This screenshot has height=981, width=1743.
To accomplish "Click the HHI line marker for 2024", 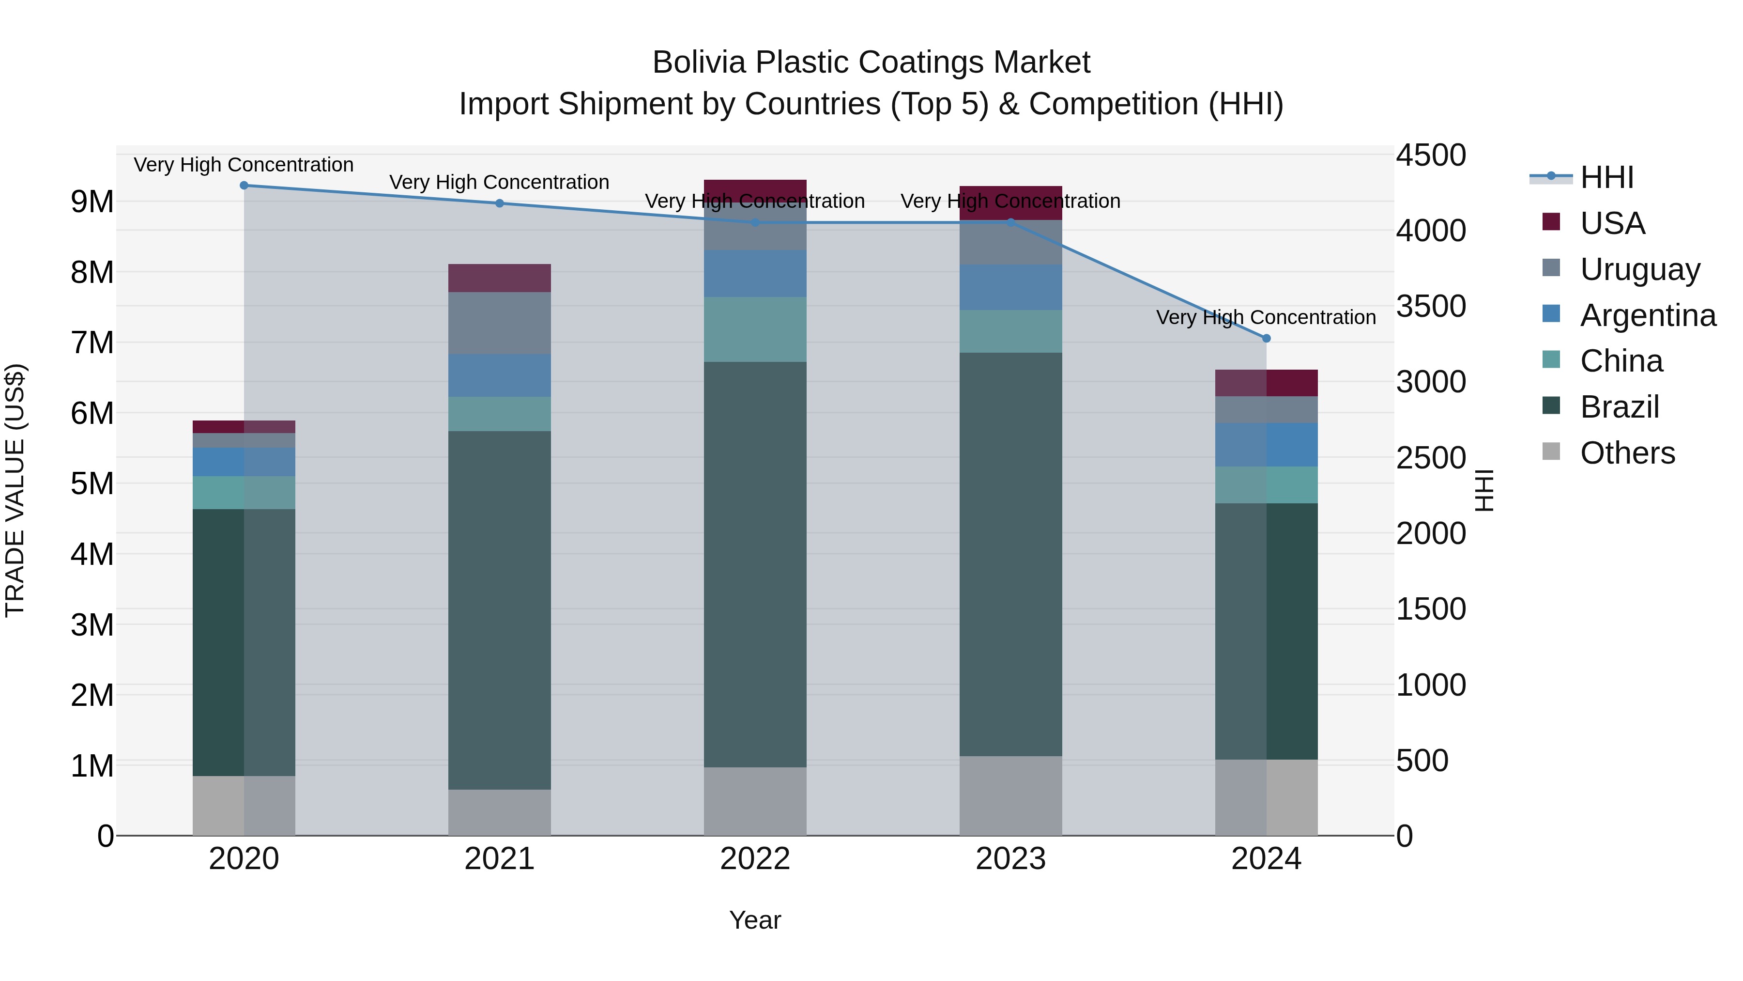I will (x=1266, y=338).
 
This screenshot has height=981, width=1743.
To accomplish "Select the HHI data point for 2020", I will (x=245, y=186).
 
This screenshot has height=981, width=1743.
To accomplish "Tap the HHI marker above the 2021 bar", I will (x=499, y=203).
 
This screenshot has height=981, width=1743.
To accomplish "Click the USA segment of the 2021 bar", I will (x=499, y=278).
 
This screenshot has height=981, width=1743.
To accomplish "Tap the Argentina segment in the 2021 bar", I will (x=499, y=375).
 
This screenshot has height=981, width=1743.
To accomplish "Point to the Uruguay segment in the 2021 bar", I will (x=499, y=323).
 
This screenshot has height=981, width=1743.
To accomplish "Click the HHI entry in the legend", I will (x=1606, y=177).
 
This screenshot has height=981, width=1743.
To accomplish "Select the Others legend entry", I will (x=1627, y=453).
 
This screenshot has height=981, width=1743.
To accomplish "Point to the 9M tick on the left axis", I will (x=92, y=202).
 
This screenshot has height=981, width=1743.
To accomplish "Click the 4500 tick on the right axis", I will (x=1430, y=155).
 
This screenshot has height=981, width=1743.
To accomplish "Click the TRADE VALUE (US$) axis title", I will (x=15, y=490).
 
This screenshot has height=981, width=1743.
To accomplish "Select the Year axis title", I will (x=755, y=920).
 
